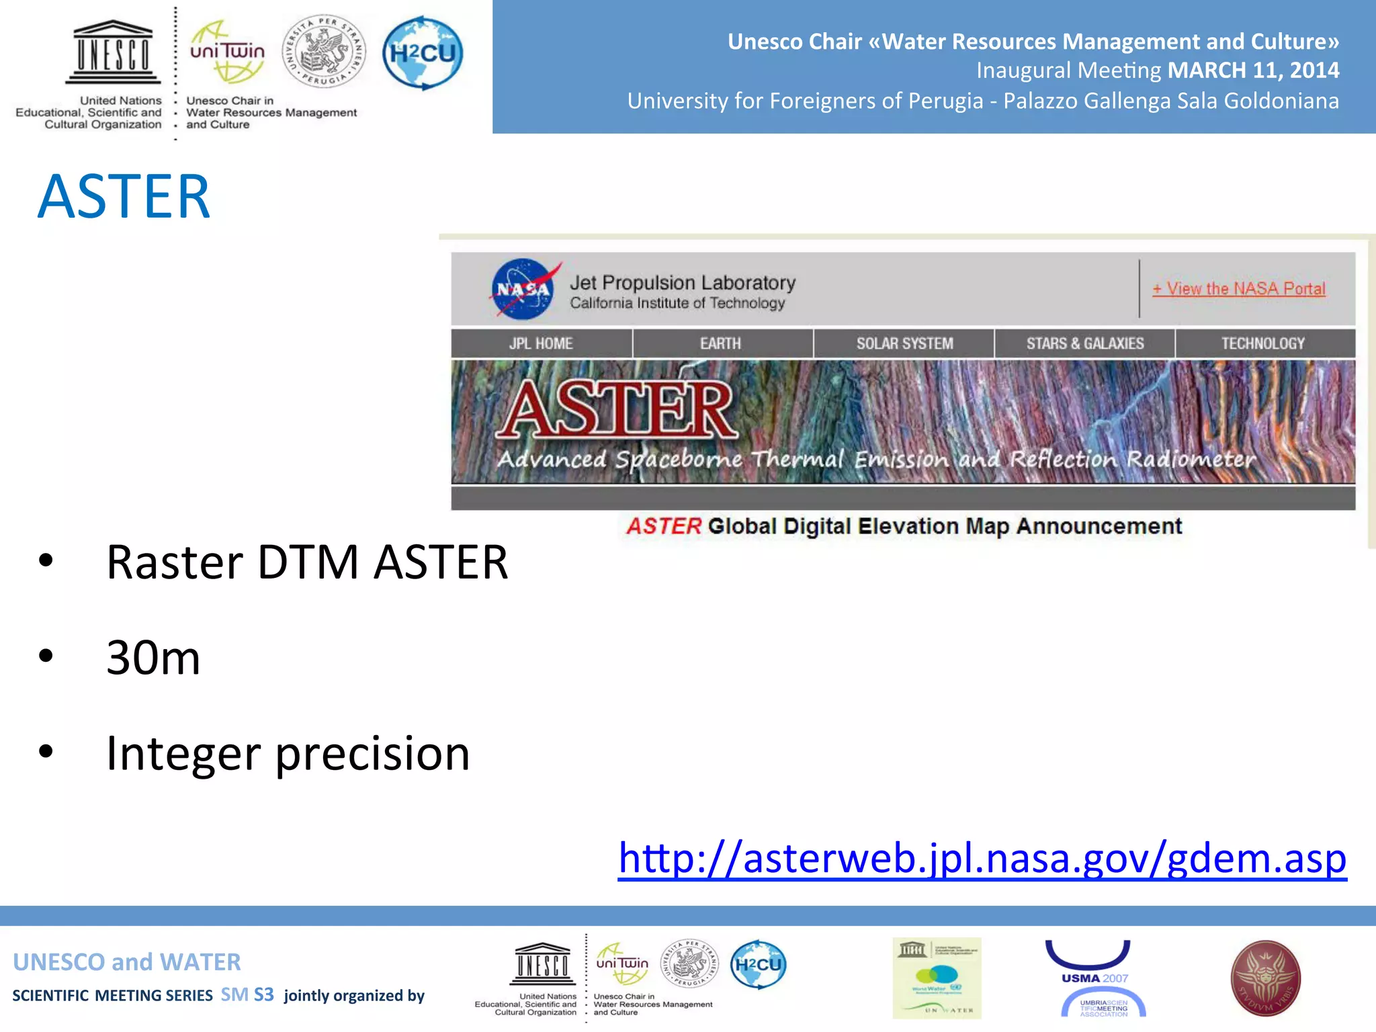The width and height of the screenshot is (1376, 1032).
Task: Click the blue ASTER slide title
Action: tap(124, 196)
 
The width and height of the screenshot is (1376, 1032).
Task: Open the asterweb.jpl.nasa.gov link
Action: tap(982, 858)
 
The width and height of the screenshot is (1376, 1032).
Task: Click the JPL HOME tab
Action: tap(541, 343)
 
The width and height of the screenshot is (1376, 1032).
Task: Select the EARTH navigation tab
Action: tap(721, 343)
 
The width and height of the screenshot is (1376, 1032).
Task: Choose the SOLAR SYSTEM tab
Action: tap(904, 343)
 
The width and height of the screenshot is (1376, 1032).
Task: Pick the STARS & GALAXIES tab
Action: tap(1084, 343)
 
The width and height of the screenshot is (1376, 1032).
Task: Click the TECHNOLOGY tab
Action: tap(1263, 343)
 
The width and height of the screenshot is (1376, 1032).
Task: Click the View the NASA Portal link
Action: tap(1239, 289)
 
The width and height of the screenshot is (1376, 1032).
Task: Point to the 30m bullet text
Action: tap(153, 657)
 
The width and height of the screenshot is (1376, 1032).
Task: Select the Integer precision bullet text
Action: tap(288, 753)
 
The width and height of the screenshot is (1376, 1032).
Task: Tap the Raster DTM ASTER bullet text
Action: tap(307, 562)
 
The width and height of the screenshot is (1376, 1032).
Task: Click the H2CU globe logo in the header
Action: tap(423, 53)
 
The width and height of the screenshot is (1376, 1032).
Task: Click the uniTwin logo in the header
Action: tap(227, 52)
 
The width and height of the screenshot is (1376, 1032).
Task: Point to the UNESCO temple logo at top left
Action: tap(113, 51)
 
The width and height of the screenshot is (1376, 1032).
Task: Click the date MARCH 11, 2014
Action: tap(1253, 71)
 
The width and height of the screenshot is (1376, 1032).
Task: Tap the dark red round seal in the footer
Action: tap(1265, 978)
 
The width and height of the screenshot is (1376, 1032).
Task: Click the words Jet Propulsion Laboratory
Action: tap(683, 283)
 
